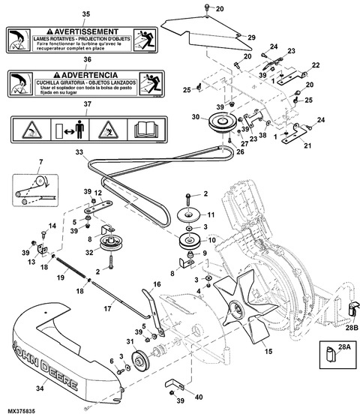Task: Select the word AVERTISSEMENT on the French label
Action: point(78,33)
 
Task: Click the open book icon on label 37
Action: point(142,129)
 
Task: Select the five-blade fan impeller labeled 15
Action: point(239,304)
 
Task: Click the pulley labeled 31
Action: point(139,366)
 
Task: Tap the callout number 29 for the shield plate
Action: point(251,37)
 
